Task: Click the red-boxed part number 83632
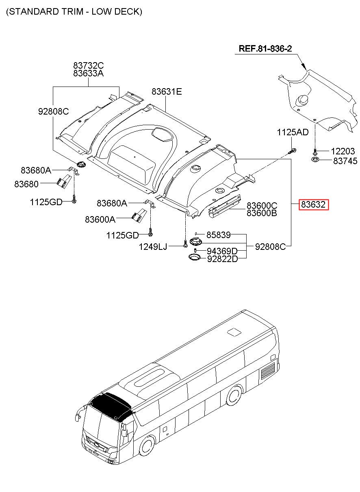click(x=313, y=205)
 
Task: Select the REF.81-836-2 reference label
click(x=265, y=49)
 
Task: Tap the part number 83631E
click(x=167, y=92)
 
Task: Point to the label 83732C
click(x=89, y=65)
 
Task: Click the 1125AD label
click(x=293, y=132)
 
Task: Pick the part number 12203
click(x=343, y=152)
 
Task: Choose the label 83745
click(x=345, y=161)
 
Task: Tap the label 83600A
click(x=100, y=219)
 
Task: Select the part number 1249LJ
click(x=153, y=246)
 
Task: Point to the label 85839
click(x=218, y=235)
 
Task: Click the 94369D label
click(x=222, y=251)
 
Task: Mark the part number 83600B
click(x=262, y=212)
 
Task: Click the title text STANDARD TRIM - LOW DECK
click(x=74, y=12)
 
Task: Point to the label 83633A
click(x=89, y=74)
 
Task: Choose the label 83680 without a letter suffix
click(x=26, y=184)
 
